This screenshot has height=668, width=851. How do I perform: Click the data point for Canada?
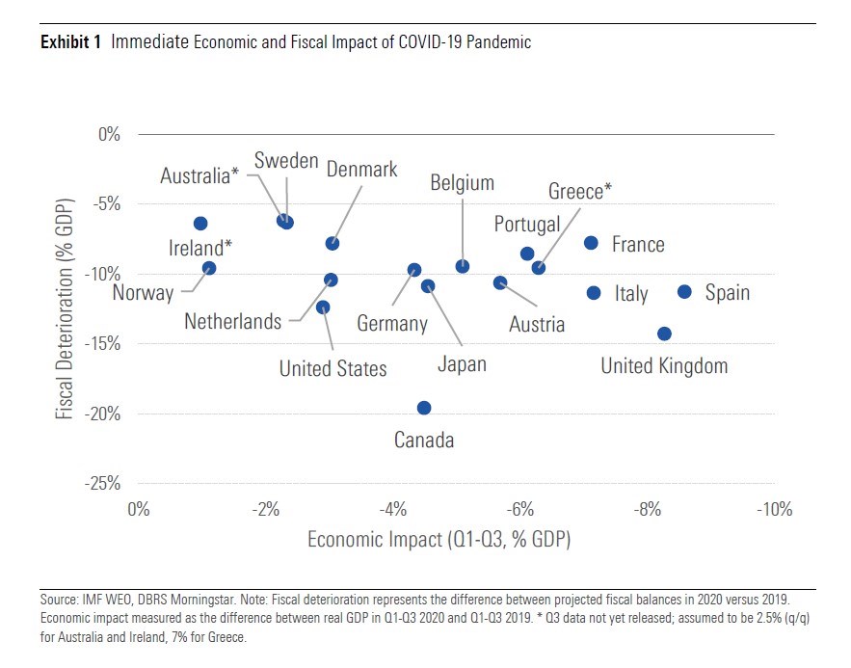tap(424, 408)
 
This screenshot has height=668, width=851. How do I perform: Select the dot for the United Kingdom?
tap(664, 334)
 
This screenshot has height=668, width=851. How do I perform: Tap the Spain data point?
tap(685, 291)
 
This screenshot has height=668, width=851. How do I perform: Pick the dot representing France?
tap(591, 243)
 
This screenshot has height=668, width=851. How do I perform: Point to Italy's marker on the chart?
tap(594, 292)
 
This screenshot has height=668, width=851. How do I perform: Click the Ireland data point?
tap(200, 224)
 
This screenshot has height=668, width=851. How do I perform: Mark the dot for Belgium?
tap(463, 266)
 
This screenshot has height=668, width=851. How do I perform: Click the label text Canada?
tap(424, 441)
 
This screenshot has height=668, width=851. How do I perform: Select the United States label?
tap(332, 368)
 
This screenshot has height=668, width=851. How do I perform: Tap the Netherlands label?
tap(233, 321)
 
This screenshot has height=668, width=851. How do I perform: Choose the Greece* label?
tap(580, 191)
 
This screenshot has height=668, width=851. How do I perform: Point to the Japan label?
tap(462, 363)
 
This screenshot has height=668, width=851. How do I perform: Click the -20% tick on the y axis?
tap(101, 414)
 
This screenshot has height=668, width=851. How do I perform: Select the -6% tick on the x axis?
tap(520, 508)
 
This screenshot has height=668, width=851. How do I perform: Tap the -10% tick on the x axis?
tap(774, 508)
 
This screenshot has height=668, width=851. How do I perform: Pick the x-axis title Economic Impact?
tap(439, 539)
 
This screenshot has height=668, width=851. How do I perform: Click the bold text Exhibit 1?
tap(70, 42)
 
